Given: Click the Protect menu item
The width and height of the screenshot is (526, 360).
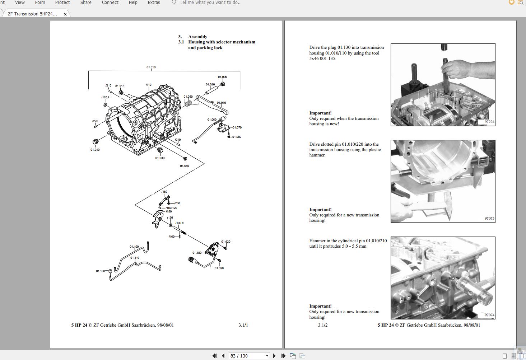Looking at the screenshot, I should pyautogui.click(x=62, y=3).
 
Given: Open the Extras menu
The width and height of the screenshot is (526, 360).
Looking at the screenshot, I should pyautogui.click(x=154, y=3).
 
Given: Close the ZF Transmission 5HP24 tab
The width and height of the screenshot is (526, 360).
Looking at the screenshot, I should pyautogui.click(x=65, y=14).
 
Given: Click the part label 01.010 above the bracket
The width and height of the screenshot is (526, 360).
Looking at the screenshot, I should pyautogui.click(x=151, y=67).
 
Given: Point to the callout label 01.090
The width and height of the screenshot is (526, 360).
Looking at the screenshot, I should pyautogui.click(x=222, y=77).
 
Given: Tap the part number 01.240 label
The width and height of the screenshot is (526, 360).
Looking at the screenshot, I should pyautogui.click(x=95, y=150).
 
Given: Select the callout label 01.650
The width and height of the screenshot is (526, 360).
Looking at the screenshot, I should pyautogui.click(x=184, y=166).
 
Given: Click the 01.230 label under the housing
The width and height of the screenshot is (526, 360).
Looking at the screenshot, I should pyautogui.click(x=160, y=158).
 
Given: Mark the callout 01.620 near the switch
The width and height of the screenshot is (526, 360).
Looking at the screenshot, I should pyautogui.click(x=225, y=242).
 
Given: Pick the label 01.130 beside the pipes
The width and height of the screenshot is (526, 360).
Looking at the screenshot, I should pyautogui.click(x=101, y=271).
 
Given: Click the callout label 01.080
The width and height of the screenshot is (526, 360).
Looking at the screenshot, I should pyautogui.click(x=237, y=137).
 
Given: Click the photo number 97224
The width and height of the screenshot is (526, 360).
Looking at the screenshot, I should pyautogui.click(x=489, y=122).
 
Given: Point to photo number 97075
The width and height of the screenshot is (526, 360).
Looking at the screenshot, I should pyautogui.click(x=489, y=218).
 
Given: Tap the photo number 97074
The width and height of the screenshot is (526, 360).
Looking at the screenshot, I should pyautogui.click(x=489, y=315).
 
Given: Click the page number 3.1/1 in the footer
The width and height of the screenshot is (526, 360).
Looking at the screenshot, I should pyautogui.click(x=243, y=325).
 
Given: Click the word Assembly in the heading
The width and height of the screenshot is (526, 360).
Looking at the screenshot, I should pyautogui.click(x=197, y=37).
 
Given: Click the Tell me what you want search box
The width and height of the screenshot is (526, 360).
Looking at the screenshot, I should pyautogui.click(x=210, y=3).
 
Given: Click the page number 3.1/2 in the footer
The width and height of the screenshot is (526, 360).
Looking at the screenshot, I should pyautogui.click(x=322, y=325).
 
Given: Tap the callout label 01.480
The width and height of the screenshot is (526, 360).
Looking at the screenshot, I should pyautogui.click(x=197, y=253).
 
